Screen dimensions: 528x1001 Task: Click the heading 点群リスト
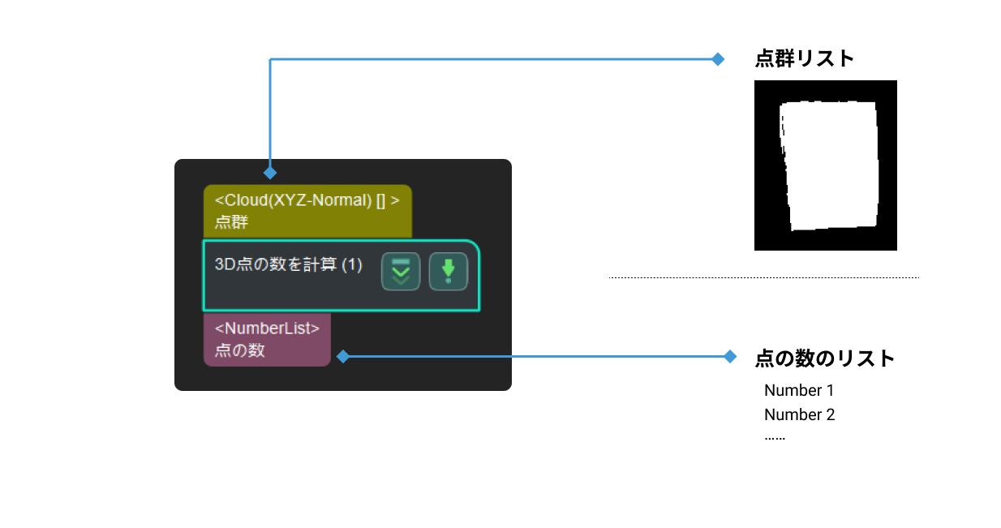(x=804, y=59)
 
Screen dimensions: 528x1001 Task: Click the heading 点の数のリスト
(x=824, y=358)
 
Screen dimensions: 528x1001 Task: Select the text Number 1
(x=799, y=390)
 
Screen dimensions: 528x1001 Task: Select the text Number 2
(x=799, y=414)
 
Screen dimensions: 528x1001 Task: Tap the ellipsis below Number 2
(x=775, y=437)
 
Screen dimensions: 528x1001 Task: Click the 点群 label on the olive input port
(x=231, y=222)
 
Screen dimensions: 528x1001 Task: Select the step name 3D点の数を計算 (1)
(x=288, y=264)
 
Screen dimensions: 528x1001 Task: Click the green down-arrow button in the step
(x=448, y=272)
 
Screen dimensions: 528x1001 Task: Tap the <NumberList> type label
(x=267, y=328)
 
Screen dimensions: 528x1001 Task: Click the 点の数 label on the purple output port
(x=239, y=350)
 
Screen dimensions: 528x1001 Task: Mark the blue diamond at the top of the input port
(x=270, y=173)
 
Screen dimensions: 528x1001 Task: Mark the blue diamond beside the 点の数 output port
(x=342, y=356)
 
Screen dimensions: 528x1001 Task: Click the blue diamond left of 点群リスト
(x=717, y=59)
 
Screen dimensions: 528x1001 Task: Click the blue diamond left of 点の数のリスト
(x=730, y=356)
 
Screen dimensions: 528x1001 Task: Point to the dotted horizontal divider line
(x=763, y=277)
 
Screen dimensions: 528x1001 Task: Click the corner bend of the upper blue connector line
(x=270, y=59)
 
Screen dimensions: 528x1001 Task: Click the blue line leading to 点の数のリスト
(x=535, y=356)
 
